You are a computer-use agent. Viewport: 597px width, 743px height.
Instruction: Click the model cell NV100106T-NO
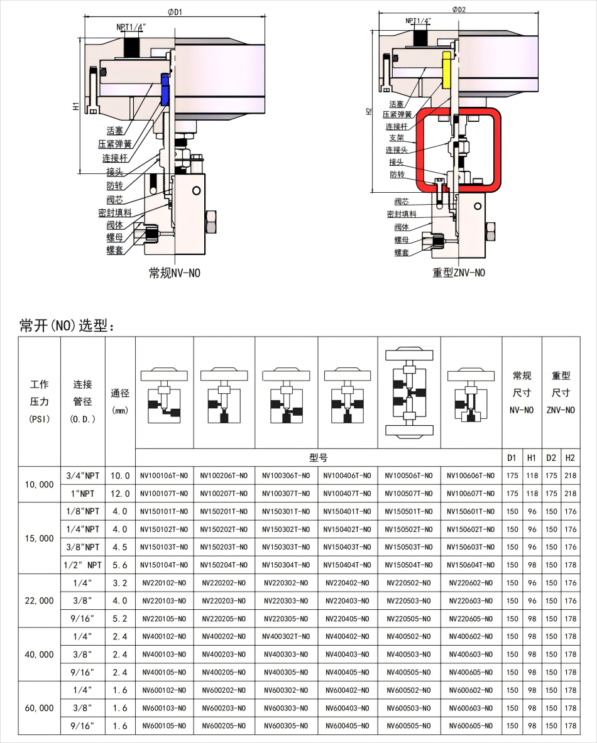point(164,475)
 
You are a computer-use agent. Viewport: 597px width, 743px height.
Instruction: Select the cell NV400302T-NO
point(286,636)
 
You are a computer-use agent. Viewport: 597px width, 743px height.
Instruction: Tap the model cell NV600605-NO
point(471,726)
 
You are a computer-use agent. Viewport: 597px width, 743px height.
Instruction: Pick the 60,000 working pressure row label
point(39,708)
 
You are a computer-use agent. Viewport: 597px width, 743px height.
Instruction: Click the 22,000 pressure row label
point(39,600)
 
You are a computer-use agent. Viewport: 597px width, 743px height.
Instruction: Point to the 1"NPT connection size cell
point(82,494)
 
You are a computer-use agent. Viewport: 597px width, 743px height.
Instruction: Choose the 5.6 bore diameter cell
point(120,565)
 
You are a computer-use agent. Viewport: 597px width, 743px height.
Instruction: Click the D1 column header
point(512,457)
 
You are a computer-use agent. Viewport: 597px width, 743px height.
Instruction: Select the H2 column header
point(570,457)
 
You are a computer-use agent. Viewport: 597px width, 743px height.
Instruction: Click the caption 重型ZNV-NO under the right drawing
point(459,273)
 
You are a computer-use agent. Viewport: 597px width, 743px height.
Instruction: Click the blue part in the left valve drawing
point(165,89)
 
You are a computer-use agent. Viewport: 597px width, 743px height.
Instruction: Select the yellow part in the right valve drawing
point(447,70)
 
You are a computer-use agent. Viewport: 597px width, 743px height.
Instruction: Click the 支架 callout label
point(396,138)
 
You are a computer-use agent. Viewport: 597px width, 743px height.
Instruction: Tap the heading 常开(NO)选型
point(67,325)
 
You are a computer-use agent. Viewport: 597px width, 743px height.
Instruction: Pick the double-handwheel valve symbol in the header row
point(408,393)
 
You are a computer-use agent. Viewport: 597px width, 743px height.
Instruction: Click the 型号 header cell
point(318,457)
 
